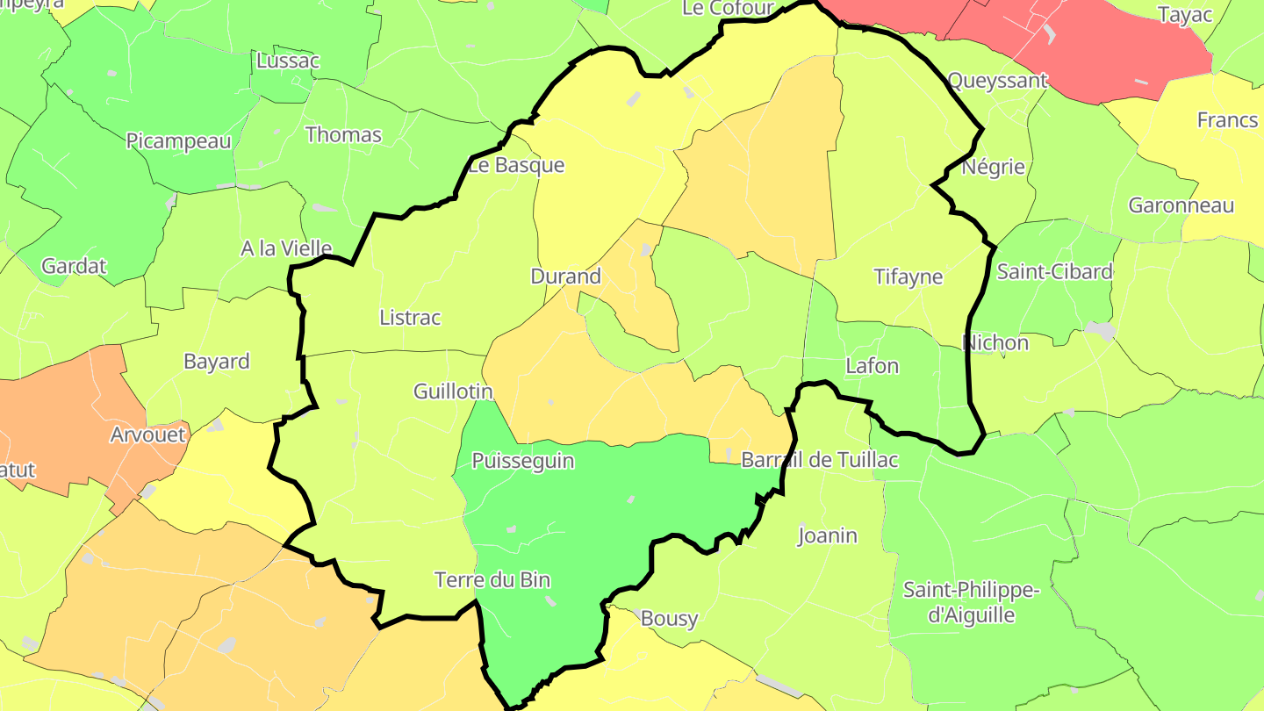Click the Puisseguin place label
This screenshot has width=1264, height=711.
coord(522,461)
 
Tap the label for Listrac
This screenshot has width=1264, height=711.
coord(410,318)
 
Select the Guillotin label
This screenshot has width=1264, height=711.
coord(453,391)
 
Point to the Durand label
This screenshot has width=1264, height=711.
coord(565,276)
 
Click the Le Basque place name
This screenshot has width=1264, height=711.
coord(515,165)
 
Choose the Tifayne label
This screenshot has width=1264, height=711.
coord(908,277)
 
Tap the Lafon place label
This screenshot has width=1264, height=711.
coord(872,366)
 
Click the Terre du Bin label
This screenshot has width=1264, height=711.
coord(492,580)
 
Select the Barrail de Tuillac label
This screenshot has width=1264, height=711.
coord(820,460)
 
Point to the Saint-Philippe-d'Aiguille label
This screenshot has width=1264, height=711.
coord(971,603)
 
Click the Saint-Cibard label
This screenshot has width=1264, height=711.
coord(1054,272)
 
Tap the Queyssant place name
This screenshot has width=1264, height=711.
coord(997,81)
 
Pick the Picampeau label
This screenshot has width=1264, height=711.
coord(178,141)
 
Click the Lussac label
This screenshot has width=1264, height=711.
coord(287,61)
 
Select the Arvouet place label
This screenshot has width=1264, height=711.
coord(147,434)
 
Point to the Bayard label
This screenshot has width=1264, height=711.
coord(216,362)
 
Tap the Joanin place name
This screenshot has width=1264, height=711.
coord(827,535)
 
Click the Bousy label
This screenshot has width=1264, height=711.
coord(669,619)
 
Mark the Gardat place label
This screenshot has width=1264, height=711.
coord(74,266)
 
